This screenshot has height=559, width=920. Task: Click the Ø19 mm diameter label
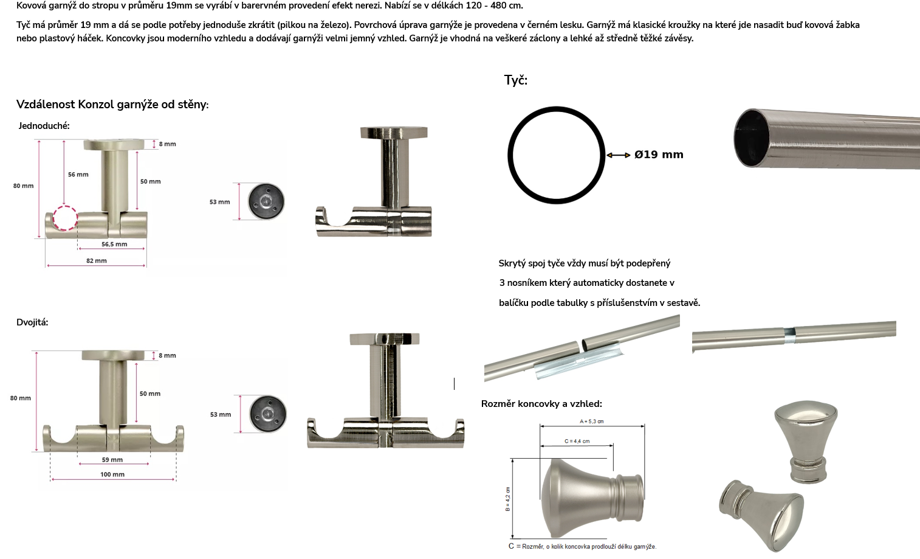click(x=659, y=155)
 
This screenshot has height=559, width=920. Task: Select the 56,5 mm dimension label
click(x=114, y=244)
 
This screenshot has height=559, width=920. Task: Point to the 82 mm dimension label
click(x=97, y=260)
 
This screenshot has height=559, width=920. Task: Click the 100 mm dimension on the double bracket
click(x=112, y=474)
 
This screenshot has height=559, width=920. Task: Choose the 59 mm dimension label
click(x=112, y=459)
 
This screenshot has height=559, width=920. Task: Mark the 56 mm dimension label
click(x=78, y=175)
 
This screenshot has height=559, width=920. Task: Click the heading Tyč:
click(x=516, y=80)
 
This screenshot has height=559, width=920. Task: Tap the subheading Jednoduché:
click(x=44, y=126)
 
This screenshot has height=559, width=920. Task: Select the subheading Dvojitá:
click(x=32, y=322)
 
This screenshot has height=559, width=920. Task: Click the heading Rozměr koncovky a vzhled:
click(x=541, y=404)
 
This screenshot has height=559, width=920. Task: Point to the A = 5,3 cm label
click(x=591, y=422)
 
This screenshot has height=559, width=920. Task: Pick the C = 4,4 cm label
click(x=577, y=441)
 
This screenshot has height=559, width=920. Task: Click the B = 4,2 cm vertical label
click(x=507, y=499)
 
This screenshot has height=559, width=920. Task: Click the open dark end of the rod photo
click(x=752, y=137)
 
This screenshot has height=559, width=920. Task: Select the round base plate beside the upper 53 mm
click(x=266, y=201)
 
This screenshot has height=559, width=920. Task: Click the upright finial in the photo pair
click(x=806, y=442)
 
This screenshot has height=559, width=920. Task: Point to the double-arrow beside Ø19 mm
click(x=619, y=155)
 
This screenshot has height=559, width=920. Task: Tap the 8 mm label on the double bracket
click(x=167, y=355)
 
